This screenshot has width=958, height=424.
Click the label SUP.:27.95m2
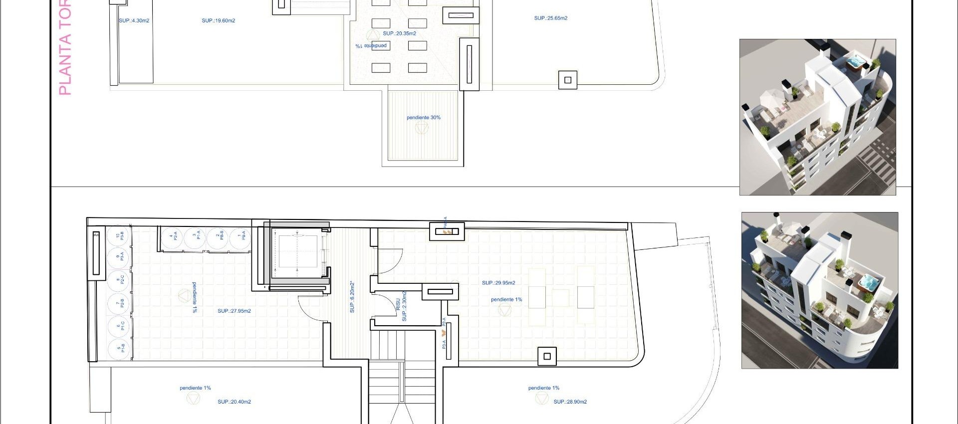(234, 311)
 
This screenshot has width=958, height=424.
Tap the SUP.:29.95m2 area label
(498, 283)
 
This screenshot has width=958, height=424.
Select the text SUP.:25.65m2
(550, 18)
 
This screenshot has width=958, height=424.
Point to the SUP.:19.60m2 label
(218, 20)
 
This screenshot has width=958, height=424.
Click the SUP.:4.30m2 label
(134, 20)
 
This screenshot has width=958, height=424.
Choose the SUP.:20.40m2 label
(234, 402)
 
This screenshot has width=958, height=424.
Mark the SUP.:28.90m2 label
(570, 402)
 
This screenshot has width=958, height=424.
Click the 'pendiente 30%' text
(423, 118)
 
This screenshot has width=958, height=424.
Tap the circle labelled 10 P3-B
(120, 235)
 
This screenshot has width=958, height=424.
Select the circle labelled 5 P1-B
(120, 348)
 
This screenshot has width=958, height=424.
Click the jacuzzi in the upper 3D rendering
(856, 63)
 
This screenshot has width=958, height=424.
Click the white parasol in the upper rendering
(771, 95)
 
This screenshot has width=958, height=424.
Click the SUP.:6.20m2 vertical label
(352, 297)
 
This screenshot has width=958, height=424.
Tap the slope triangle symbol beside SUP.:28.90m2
(541, 398)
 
